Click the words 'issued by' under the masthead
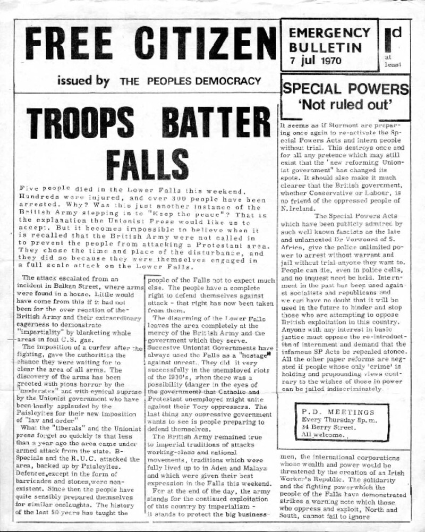click(83, 81)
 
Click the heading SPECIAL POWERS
click(346, 88)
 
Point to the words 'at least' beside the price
click(394, 60)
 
